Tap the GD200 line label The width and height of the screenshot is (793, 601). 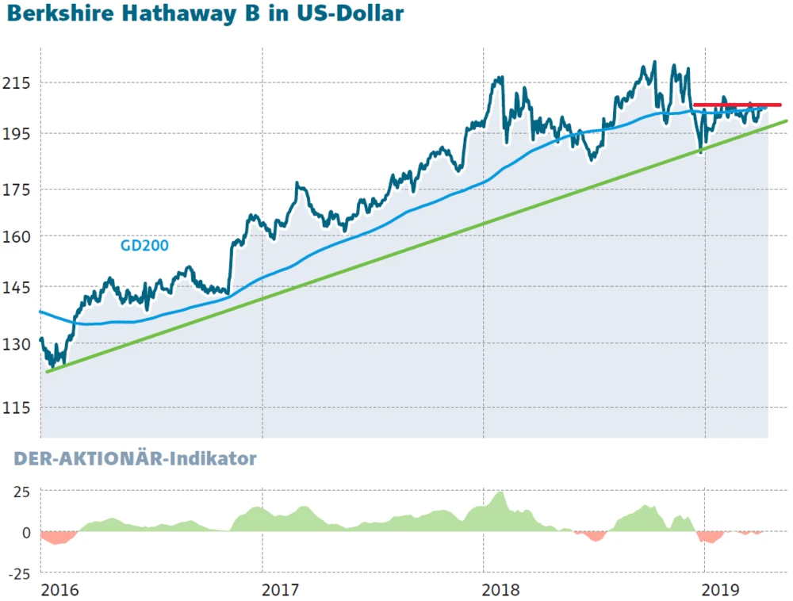[x=144, y=246]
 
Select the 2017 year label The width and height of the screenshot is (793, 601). [x=279, y=590]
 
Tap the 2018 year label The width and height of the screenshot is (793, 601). [x=500, y=590]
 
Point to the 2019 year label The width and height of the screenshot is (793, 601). [x=722, y=590]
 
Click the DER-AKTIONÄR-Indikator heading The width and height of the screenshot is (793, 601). [x=135, y=459]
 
